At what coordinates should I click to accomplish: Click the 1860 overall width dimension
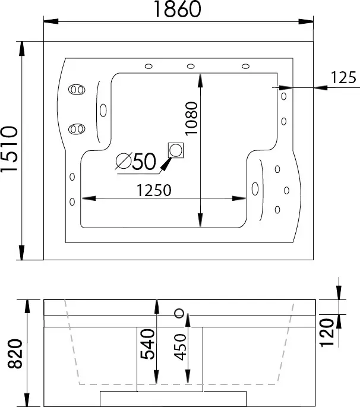pyautogui.click(x=178, y=9)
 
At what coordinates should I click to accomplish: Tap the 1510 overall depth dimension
pyautogui.click(x=10, y=149)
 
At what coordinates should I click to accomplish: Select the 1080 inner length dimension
pyautogui.click(x=191, y=118)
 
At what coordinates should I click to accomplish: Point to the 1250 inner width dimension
pyautogui.click(x=154, y=190)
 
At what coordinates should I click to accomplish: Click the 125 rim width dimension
pyautogui.click(x=343, y=77)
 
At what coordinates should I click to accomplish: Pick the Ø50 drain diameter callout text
pyautogui.click(x=136, y=162)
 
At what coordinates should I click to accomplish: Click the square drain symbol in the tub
pyautogui.click(x=176, y=150)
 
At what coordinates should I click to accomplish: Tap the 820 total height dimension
pyautogui.click(x=15, y=354)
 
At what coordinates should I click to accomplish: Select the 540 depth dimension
pyautogui.click(x=147, y=344)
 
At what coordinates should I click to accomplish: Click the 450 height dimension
pyautogui.click(x=180, y=347)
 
